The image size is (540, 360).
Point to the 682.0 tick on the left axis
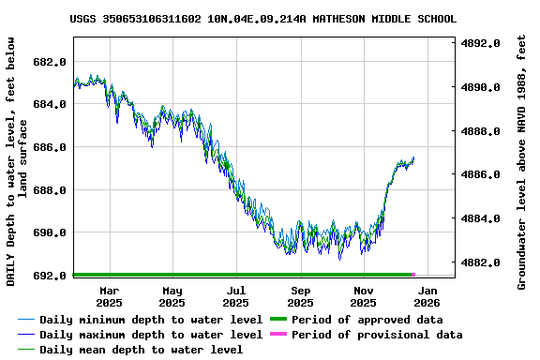49,62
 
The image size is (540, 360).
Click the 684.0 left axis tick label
49,105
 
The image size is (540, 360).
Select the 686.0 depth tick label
49,148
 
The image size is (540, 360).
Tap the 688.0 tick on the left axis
49,190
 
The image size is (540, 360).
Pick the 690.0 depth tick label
49,233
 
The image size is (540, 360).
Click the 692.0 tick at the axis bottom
49,277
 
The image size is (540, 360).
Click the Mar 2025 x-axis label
109,297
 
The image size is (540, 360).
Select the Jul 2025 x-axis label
236,297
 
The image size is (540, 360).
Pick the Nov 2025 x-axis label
363,297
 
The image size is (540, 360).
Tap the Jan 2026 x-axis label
427,297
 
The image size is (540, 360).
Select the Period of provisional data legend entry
376,335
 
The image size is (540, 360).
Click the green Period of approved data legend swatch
279,320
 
